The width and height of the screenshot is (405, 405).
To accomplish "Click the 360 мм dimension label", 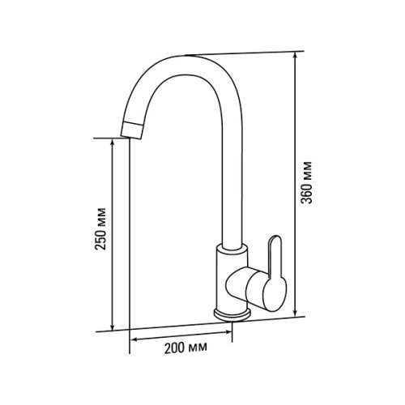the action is pyautogui.click(x=307, y=182).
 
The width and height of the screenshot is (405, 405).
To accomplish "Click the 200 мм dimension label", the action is pyautogui.click(x=186, y=348).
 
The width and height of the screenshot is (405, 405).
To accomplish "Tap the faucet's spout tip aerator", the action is pyautogui.click(x=131, y=130).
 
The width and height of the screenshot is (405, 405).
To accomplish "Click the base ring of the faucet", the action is pyautogui.click(x=232, y=315).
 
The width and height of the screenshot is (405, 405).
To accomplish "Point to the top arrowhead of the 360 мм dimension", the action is pyautogui.click(x=296, y=55).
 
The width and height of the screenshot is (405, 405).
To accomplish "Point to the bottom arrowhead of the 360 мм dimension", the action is pyautogui.click(x=296, y=313).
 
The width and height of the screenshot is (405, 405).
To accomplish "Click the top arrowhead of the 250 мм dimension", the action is pyautogui.click(x=113, y=143).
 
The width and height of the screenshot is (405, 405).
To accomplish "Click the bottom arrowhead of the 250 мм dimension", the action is pyautogui.click(x=113, y=326).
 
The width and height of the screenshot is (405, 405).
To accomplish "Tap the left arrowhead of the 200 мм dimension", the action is pyautogui.click(x=134, y=339).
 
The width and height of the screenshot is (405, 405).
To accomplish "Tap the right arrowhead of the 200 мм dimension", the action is pyautogui.click(x=228, y=332).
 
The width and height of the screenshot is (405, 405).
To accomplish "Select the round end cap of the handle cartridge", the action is pyautogui.click(x=275, y=295).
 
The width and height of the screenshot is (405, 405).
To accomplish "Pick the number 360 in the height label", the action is pyautogui.click(x=307, y=193).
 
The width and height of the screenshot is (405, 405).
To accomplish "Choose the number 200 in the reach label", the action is pyautogui.click(x=175, y=348).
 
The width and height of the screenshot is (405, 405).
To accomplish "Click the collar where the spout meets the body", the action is pyautogui.click(x=232, y=248).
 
